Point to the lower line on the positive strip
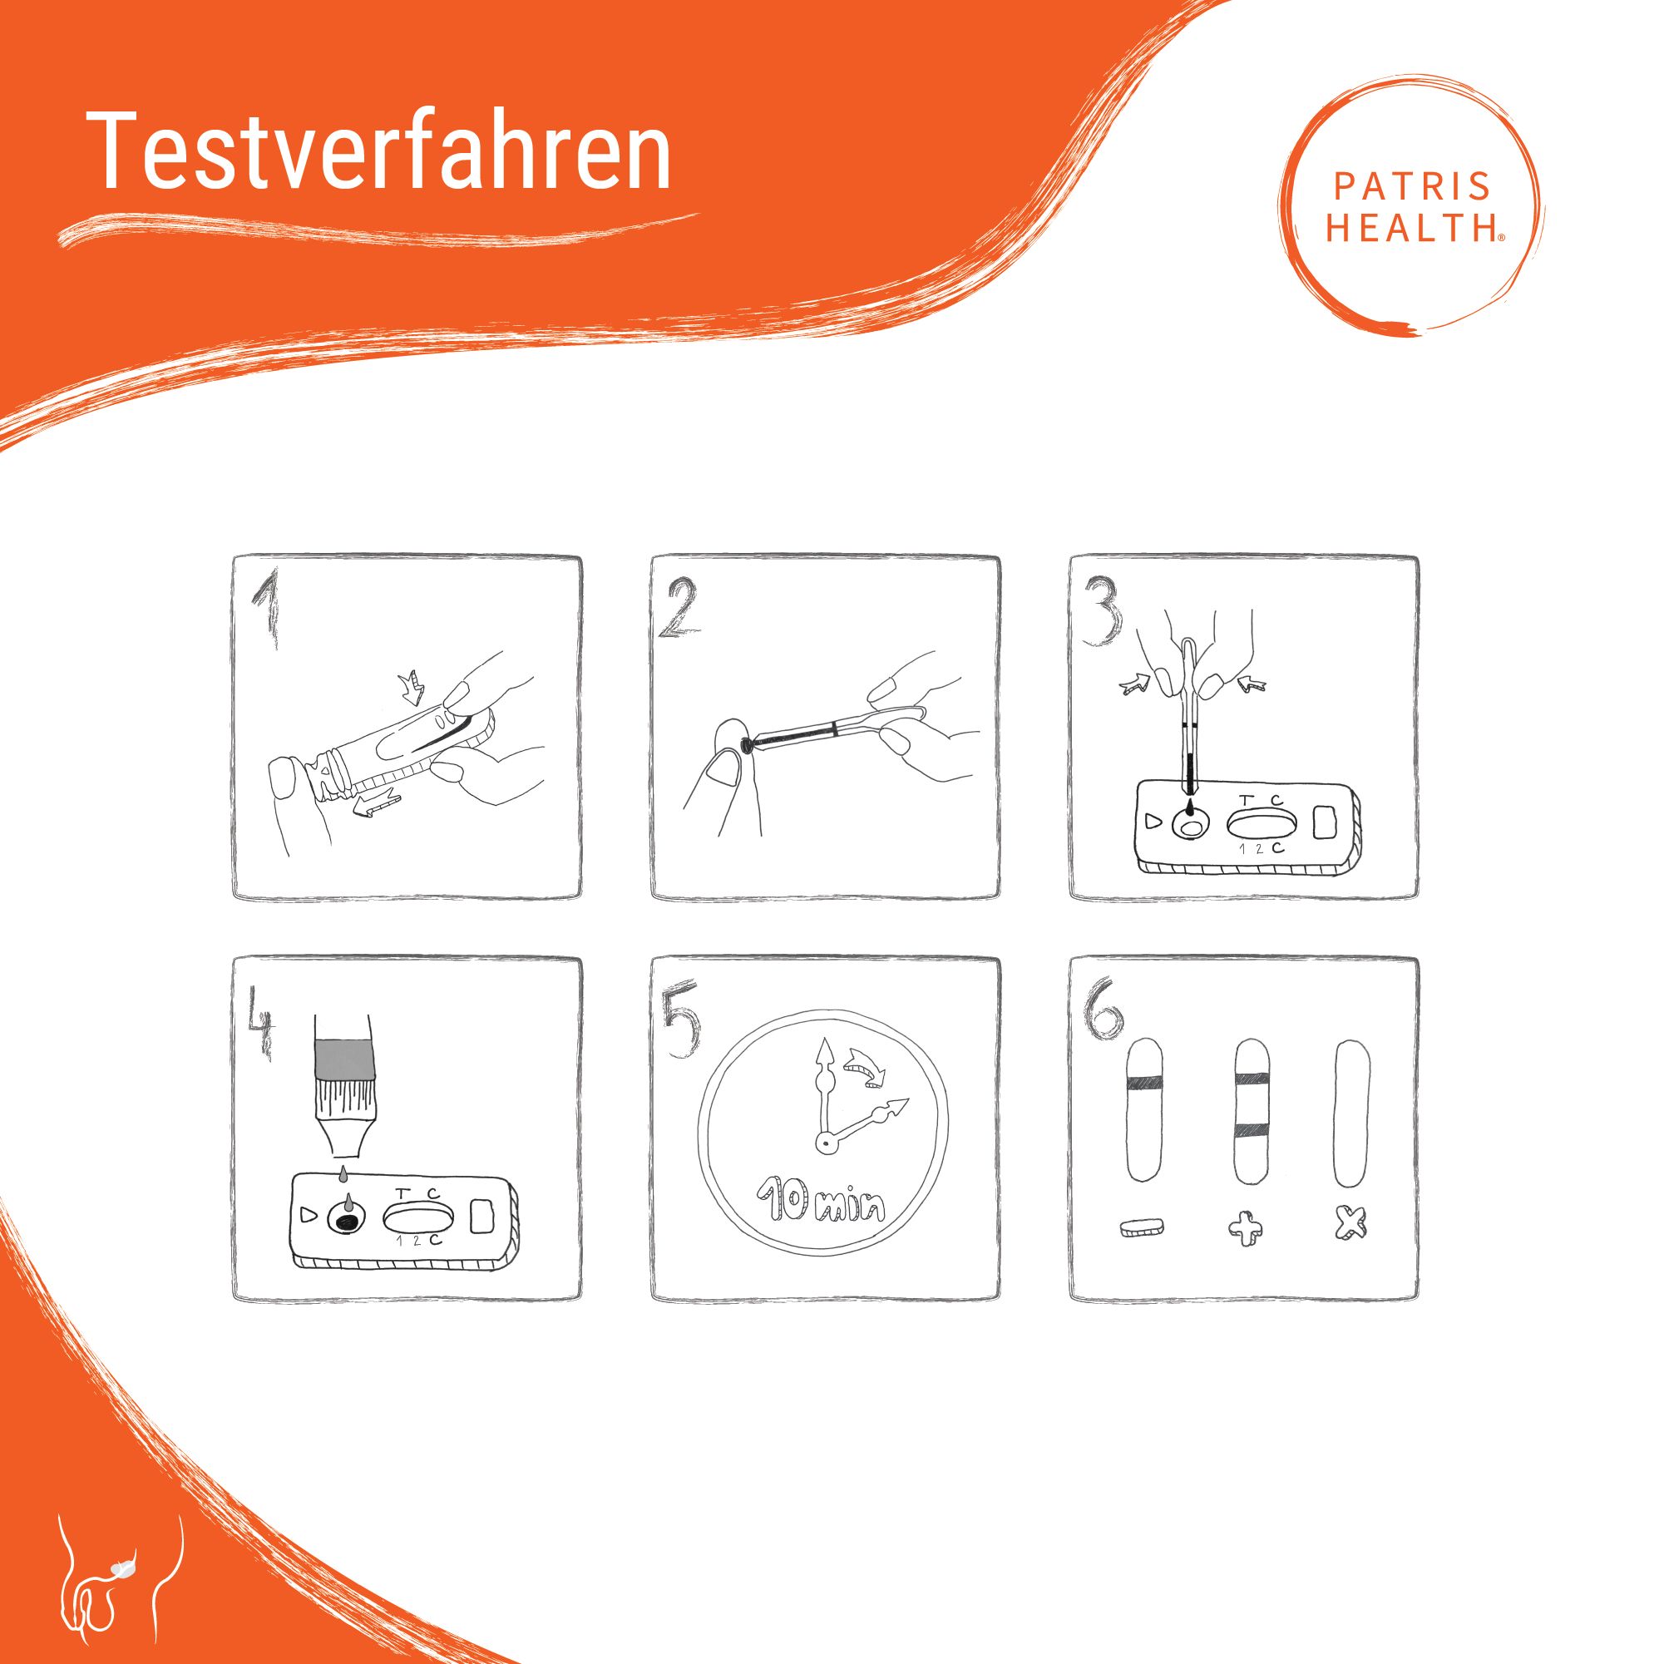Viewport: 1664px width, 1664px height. [1253, 1132]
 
